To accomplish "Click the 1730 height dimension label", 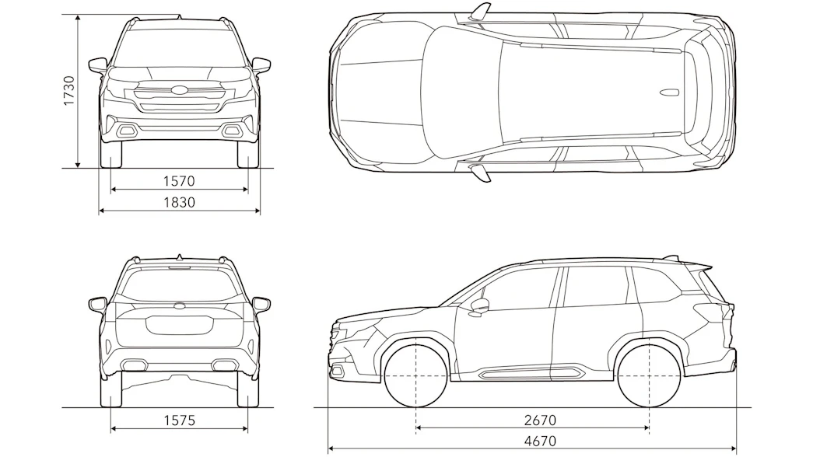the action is point(69,91).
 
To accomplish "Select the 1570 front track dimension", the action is point(179,181).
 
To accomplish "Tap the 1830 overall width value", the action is point(180,202).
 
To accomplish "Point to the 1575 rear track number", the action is point(180,420).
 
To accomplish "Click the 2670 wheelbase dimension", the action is point(540,420).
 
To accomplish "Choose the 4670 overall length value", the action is point(540,441).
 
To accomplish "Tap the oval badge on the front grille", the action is point(180,90).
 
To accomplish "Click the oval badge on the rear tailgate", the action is point(180,307).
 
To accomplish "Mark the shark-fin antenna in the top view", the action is point(669,92).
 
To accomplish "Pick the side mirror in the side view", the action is point(480,306).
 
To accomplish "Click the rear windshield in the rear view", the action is point(180,284).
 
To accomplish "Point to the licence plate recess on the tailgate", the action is point(180,325).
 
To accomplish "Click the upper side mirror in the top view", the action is point(480,12).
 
